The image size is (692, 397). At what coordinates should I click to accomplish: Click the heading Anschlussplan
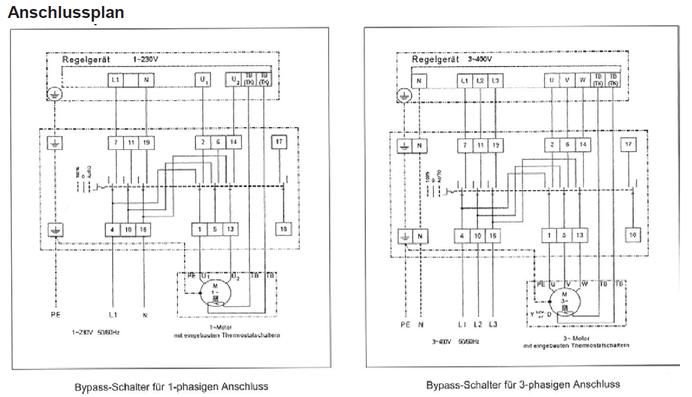pyautogui.click(x=66, y=13)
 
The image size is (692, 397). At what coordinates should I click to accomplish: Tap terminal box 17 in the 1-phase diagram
pyautogui.click(x=279, y=142)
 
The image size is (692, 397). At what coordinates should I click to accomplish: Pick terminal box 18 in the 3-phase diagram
pyautogui.click(x=632, y=235)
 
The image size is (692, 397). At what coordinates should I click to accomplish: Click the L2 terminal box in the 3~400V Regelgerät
pyautogui.click(x=480, y=80)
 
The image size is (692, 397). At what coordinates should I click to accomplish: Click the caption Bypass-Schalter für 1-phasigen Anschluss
pyautogui.click(x=171, y=386)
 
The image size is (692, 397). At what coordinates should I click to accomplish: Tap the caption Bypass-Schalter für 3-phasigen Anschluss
pyautogui.click(x=523, y=384)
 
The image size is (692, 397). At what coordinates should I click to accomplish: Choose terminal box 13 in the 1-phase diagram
pyautogui.click(x=230, y=229)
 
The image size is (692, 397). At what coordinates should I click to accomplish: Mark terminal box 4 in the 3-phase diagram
pyautogui.click(x=462, y=236)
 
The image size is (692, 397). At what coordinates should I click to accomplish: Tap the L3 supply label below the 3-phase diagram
pyautogui.click(x=493, y=324)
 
